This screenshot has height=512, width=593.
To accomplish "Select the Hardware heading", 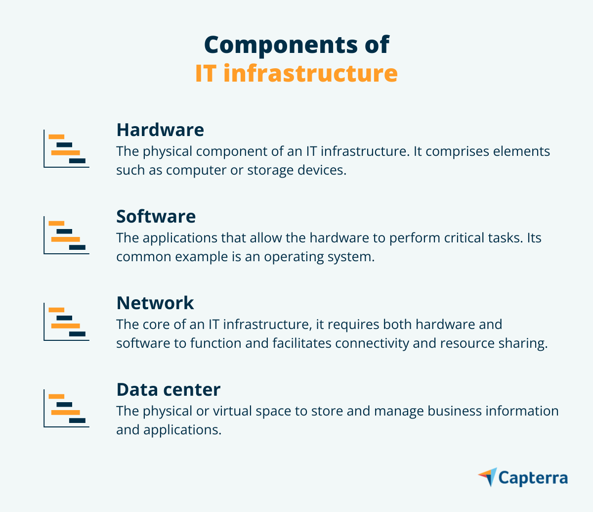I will (160, 130).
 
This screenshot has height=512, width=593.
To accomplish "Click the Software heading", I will (156, 217).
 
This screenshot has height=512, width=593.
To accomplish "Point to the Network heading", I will (155, 303).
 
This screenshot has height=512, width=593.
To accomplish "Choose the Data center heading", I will (168, 390).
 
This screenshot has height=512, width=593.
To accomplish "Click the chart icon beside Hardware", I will (66, 149).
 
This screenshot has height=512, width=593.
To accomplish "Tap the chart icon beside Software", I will (66, 235).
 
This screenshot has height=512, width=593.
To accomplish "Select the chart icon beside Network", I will (66, 322).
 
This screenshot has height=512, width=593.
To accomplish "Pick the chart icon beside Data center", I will (66, 409).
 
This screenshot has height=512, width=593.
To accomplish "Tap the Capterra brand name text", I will (533, 478).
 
